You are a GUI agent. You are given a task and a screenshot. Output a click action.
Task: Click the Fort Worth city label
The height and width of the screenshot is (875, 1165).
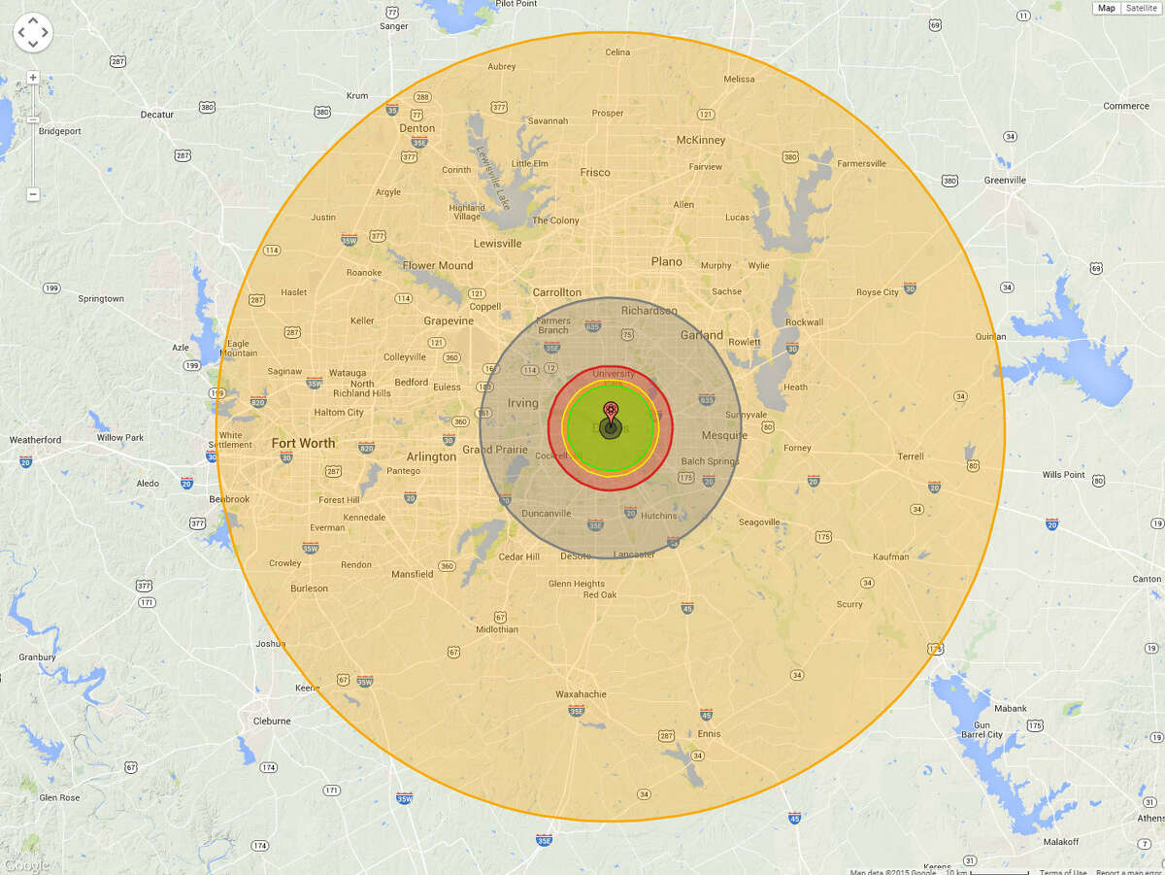click(x=303, y=443)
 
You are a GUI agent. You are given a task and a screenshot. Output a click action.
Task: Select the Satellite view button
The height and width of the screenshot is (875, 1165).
click(x=1142, y=8)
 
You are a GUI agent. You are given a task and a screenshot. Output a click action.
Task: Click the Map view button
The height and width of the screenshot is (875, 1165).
click(x=1107, y=8)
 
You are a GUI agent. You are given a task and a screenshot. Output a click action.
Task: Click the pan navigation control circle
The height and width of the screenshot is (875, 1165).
click(x=32, y=32)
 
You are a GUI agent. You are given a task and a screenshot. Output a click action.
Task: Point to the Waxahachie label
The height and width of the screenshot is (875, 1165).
click(x=581, y=694)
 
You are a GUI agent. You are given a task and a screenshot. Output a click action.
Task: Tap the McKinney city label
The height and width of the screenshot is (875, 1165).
click(x=701, y=140)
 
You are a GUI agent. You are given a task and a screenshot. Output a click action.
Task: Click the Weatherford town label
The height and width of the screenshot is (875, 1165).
click(x=35, y=440)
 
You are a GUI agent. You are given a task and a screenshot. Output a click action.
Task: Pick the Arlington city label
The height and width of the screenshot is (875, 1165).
click(x=432, y=456)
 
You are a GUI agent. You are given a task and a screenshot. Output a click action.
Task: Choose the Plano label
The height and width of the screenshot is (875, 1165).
click(x=667, y=261)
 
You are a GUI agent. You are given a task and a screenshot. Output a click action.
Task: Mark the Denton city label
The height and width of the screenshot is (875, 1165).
click(x=417, y=128)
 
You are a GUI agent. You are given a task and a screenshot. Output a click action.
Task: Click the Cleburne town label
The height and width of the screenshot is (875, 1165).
click(x=272, y=721)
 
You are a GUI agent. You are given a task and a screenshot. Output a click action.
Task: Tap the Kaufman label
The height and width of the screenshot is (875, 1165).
click(x=891, y=556)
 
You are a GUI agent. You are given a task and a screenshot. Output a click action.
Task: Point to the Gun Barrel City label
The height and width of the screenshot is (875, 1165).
click(x=982, y=728)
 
